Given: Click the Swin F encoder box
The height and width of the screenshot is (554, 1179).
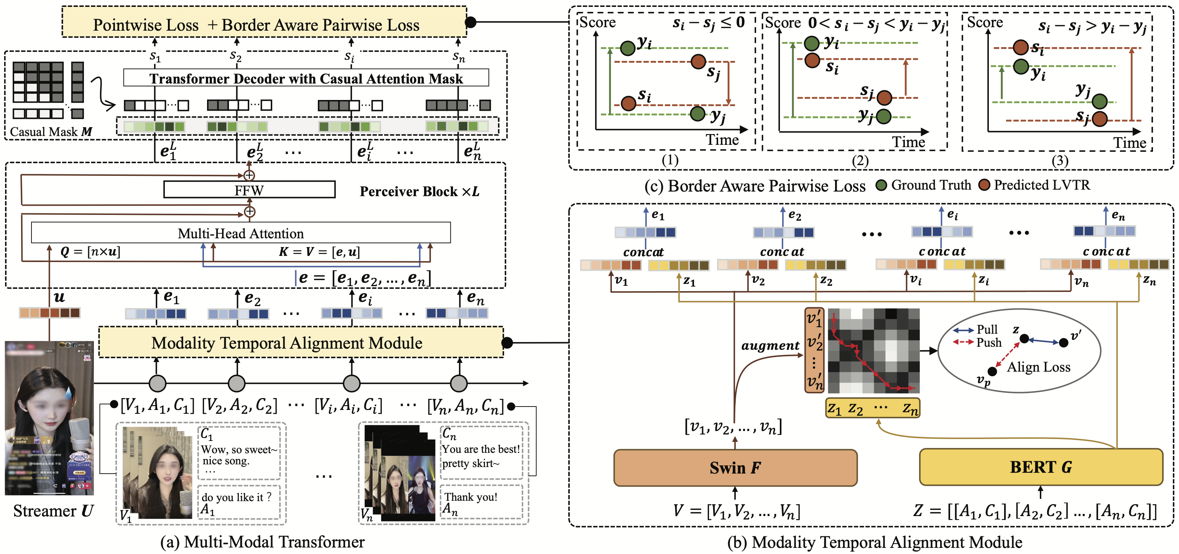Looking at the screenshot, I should (735, 467).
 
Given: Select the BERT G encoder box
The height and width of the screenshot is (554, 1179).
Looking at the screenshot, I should (1040, 467).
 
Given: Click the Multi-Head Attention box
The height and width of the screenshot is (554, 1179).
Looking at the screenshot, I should (240, 233).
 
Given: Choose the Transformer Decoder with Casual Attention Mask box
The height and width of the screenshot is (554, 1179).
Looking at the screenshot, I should (306, 78).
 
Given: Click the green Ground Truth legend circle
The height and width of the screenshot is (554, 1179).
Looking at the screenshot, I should (881, 185).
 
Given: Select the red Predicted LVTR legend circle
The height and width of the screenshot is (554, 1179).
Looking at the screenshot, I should (984, 185).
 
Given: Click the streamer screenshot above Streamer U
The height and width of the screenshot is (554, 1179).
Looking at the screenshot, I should (49, 418).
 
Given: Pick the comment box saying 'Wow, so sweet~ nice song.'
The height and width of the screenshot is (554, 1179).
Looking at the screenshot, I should (239, 452).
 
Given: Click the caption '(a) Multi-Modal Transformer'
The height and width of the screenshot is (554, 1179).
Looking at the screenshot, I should (262, 542).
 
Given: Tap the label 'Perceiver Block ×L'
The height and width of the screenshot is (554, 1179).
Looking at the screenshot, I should (419, 191).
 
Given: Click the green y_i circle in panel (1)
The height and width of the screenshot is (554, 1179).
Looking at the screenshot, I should (628, 47).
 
